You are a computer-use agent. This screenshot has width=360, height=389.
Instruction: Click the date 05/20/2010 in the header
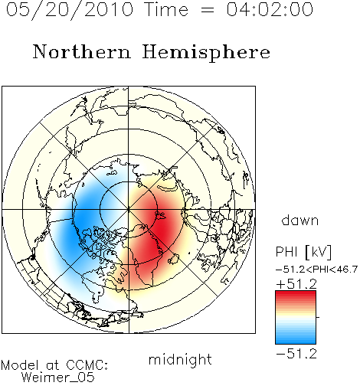click(x=70, y=10)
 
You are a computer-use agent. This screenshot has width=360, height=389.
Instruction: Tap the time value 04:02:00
click(x=270, y=9)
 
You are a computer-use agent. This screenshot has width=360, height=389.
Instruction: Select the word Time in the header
click(x=166, y=9)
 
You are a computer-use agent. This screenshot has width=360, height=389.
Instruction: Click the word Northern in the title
click(x=82, y=52)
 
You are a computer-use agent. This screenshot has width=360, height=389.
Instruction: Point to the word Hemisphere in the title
click(x=206, y=53)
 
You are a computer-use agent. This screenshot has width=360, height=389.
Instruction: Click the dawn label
click(x=300, y=221)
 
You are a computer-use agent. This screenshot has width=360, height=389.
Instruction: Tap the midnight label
click(x=180, y=360)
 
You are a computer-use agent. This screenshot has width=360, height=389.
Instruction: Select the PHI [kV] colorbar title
click(x=303, y=252)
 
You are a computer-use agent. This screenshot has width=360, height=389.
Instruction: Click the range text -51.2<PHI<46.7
click(x=316, y=270)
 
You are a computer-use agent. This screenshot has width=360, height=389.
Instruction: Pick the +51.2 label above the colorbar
click(x=296, y=284)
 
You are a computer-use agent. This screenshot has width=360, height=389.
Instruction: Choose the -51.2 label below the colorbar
click(x=296, y=354)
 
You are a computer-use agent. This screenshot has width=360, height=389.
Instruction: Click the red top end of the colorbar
click(x=296, y=293)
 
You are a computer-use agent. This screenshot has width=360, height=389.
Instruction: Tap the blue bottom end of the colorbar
click(x=296, y=341)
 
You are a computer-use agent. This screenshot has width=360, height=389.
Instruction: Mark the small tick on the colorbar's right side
click(x=318, y=317)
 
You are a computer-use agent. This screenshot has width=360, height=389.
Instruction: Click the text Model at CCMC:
click(x=54, y=365)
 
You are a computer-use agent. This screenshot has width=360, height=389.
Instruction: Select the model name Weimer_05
click(x=58, y=378)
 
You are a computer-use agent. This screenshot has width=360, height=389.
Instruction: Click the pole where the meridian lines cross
click(x=129, y=210)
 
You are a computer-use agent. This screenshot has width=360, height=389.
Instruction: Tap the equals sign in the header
click(x=208, y=10)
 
